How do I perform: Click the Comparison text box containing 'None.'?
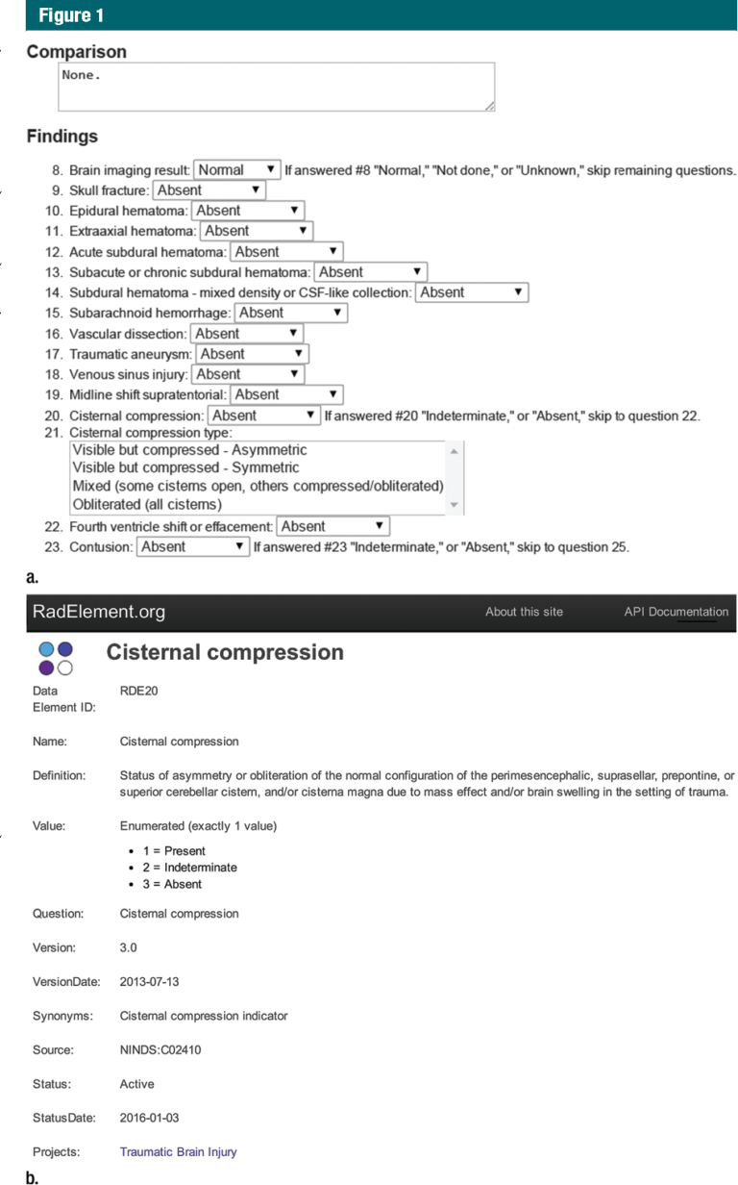pyautogui.click(x=276, y=88)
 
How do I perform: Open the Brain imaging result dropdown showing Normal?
pyautogui.click(x=236, y=170)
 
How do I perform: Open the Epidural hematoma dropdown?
pyautogui.click(x=247, y=211)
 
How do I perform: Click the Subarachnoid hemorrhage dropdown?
pyautogui.click(x=290, y=313)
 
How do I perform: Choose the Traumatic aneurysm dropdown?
pyautogui.click(x=252, y=354)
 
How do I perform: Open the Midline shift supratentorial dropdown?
pyautogui.click(x=286, y=394)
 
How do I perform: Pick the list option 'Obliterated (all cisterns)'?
pyautogui.click(x=147, y=504)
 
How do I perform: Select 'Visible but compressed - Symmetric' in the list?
pyautogui.click(x=185, y=467)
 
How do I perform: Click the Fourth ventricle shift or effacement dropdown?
pyautogui.click(x=332, y=526)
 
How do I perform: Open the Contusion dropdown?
pyautogui.click(x=193, y=546)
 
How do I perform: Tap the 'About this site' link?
pyautogui.click(x=524, y=612)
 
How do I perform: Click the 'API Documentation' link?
pyautogui.click(x=676, y=612)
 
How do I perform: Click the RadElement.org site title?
pyautogui.click(x=99, y=612)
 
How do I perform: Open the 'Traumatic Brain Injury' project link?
pyautogui.click(x=178, y=1151)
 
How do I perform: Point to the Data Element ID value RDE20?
pyautogui.click(x=139, y=691)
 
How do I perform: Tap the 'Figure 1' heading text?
pyautogui.click(x=72, y=15)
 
